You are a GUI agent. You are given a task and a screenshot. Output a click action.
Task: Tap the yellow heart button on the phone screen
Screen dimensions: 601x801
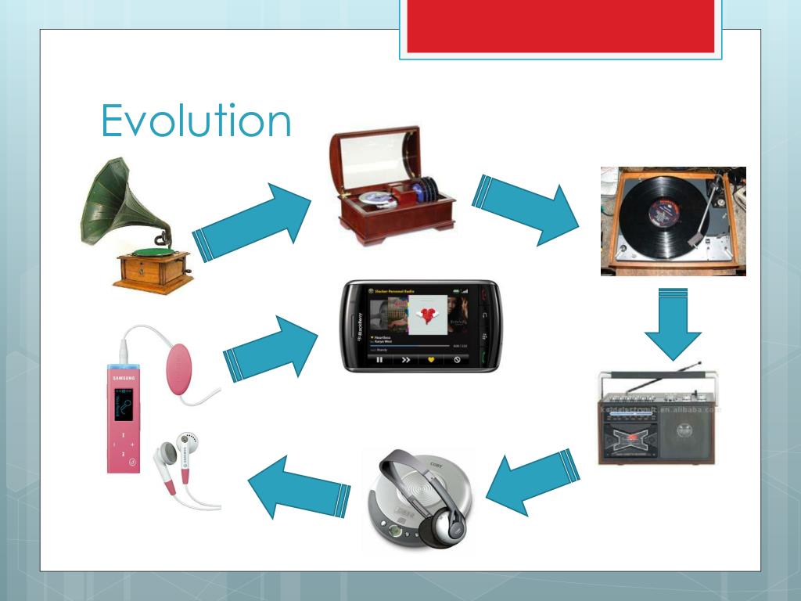(429, 360)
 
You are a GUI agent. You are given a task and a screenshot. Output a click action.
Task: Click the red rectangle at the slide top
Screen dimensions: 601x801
(560, 26)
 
